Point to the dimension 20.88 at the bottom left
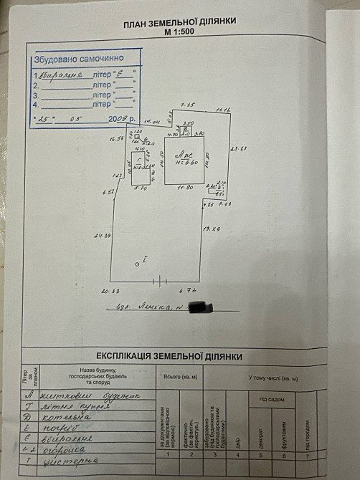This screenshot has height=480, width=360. pyautogui.click(x=110, y=290)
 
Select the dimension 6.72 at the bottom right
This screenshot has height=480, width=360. pyautogui.click(x=187, y=290)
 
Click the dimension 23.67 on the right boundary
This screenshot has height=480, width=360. pyautogui.click(x=239, y=148)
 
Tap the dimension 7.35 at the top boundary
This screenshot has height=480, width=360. pyautogui.click(x=187, y=105)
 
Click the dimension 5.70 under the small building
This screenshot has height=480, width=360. pyautogui.click(x=141, y=188)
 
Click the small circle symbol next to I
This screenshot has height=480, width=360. pyautogui.click(x=137, y=264)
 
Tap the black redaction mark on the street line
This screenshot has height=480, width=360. pyautogui.click(x=203, y=307)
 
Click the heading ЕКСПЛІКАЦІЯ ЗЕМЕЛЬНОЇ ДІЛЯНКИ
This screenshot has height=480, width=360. pyautogui.click(x=169, y=356)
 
